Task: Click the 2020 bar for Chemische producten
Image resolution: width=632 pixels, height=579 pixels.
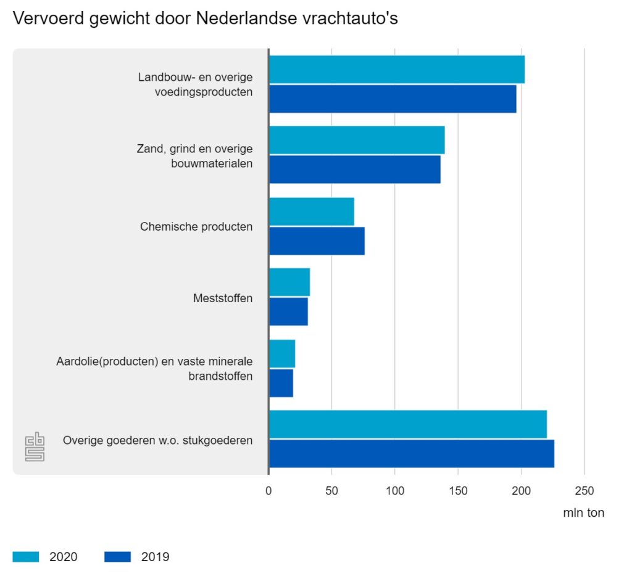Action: (312, 211)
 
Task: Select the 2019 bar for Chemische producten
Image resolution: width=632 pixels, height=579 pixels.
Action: (317, 240)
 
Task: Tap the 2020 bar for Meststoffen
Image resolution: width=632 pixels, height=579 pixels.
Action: (289, 282)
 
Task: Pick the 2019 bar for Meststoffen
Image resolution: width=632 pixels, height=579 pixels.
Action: (288, 311)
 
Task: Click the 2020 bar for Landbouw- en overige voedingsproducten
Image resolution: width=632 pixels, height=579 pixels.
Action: (397, 69)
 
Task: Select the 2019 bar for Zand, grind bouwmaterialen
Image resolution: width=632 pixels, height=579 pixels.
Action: (355, 170)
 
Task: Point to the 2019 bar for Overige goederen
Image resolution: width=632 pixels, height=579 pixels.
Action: (411, 454)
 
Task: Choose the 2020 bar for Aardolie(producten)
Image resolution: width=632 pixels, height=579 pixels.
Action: (282, 353)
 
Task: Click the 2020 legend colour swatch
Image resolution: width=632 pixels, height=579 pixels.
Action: (25, 557)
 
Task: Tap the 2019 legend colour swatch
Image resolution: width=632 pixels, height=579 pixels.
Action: (117, 557)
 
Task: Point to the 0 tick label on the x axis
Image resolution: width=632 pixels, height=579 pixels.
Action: (268, 491)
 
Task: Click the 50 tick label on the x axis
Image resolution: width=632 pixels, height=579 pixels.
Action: (331, 491)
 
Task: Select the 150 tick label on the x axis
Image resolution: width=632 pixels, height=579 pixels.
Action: (458, 491)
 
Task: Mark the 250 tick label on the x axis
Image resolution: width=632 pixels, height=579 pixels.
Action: (584, 491)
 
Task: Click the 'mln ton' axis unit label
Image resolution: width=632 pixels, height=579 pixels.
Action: (583, 513)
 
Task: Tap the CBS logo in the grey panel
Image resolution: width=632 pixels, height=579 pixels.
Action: (35, 446)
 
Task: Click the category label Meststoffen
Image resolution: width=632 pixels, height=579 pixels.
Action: (223, 298)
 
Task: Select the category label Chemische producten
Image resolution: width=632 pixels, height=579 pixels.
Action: (196, 226)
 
